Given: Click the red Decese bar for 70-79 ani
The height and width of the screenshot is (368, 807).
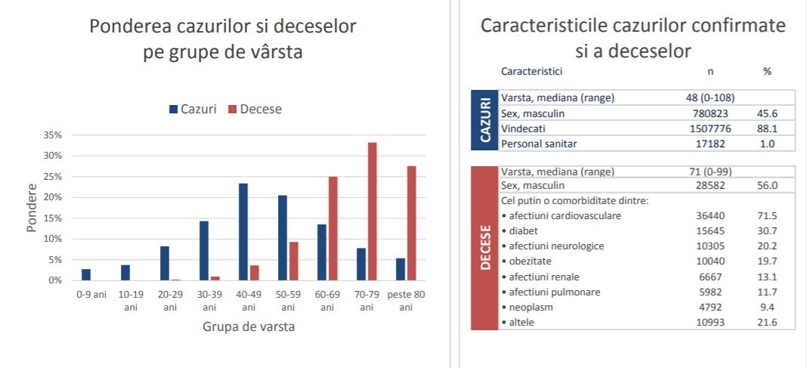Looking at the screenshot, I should point(372,212).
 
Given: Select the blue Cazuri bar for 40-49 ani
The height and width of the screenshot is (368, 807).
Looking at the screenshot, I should point(243,231).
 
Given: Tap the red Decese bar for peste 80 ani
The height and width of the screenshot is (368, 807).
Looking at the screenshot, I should point(411,223).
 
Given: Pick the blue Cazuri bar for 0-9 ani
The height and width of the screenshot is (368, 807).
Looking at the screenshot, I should point(86,274).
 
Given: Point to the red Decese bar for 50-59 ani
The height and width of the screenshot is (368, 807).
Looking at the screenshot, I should point(293,261).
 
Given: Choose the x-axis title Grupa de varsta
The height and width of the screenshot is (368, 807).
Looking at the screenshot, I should point(249,327).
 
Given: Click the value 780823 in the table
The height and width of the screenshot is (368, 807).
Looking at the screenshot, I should point(704,113).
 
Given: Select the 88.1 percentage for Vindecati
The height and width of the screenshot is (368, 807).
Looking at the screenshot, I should point(767,128).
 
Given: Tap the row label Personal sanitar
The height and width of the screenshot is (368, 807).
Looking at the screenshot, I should point(537,144).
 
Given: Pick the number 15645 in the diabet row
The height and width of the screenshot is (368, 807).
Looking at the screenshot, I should point(710,230).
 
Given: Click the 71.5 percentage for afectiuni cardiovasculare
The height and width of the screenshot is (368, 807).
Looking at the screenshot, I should point(767,215).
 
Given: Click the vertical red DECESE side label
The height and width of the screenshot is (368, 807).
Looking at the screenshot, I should point(484,249).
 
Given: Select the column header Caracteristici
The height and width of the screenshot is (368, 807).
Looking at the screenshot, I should point(531,71).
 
